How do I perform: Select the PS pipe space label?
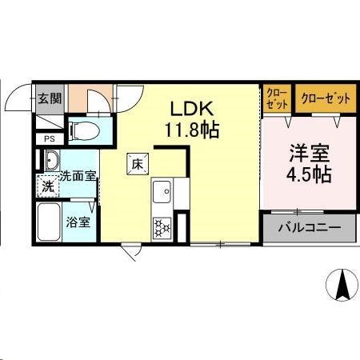click(x=49, y=138)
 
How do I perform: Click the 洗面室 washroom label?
click(x=78, y=174)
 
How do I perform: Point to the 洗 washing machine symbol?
click(x=48, y=188)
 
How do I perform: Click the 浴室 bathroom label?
click(x=78, y=222)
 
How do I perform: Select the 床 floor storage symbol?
click(x=137, y=166)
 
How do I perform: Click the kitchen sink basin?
click(x=162, y=192)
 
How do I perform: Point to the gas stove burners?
click(x=162, y=227)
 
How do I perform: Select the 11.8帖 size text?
click(x=193, y=127)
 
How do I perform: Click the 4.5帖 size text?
click(x=307, y=173)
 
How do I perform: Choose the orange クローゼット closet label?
click(x=326, y=99)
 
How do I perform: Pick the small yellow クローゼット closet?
click(x=278, y=98)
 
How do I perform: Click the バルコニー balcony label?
click(x=309, y=227)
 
